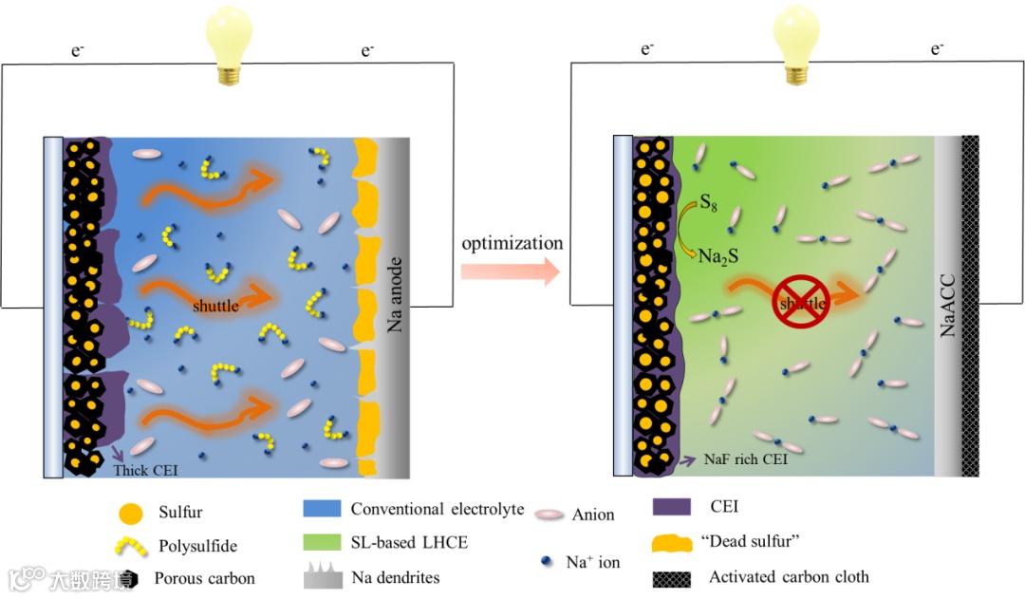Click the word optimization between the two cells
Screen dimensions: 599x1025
click(x=512, y=243)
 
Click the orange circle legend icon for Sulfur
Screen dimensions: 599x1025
click(x=132, y=514)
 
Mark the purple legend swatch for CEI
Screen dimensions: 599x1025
click(x=671, y=509)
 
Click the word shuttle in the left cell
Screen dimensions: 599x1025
click(x=214, y=306)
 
